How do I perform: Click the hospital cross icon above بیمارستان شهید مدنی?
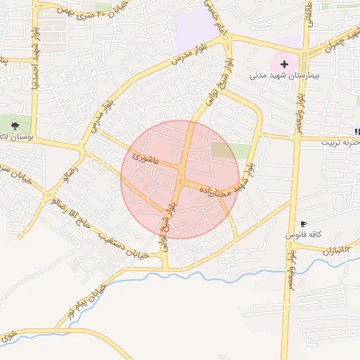pyautogui.click(x=284, y=64)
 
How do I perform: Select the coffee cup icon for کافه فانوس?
pyautogui.click(x=303, y=223)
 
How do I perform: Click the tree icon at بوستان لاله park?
pyautogui.click(x=15, y=125)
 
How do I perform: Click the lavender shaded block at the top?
pyautogui.click(x=195, y=30)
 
